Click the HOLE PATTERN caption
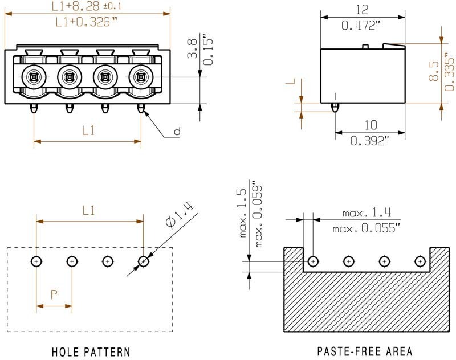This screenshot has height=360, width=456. [91, 351]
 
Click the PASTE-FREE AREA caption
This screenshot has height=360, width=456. [364, 351]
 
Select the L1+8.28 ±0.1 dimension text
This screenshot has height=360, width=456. [86, 6]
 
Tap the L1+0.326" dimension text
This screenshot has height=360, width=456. [86, 22]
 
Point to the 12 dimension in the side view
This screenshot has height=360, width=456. [361, 10]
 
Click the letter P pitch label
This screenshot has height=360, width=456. [54, 294]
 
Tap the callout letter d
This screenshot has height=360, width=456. [177, 132]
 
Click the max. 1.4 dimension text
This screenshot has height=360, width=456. [367, 213]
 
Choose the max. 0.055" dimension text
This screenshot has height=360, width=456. [366, 228]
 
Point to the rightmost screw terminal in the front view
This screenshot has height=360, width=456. [140, 76]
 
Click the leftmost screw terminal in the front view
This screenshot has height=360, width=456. [34, 76]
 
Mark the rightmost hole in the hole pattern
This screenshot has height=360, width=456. [143, 261]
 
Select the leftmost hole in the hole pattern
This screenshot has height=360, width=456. [36, 261]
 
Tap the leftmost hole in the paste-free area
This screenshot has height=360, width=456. [312, 261]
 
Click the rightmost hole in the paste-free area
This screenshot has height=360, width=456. [420, 261]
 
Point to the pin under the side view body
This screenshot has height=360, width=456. [335, 107]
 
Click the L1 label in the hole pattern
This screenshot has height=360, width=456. [88, 211]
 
